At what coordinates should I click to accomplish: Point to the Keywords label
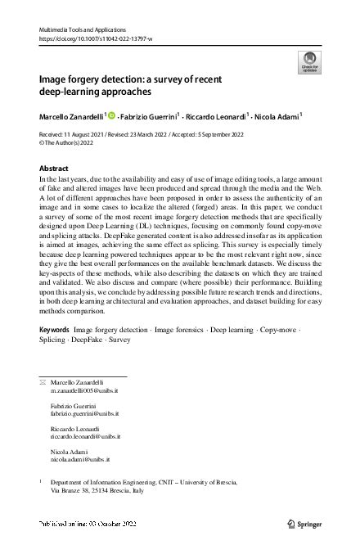click(54, 352)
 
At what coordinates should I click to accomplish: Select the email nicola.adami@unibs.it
click(80, 460)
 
